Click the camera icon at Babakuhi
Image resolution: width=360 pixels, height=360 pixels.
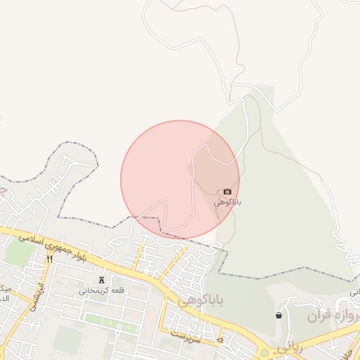click(227, 191)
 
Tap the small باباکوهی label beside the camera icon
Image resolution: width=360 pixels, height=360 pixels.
click(227, 202)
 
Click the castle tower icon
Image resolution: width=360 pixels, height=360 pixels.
click(101, 281)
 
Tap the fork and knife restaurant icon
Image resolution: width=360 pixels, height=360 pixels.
click(49, 259)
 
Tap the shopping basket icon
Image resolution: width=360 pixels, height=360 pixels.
click(279, 316)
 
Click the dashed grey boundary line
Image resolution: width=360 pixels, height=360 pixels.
click(77, 218)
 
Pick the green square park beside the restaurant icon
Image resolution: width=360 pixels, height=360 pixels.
click(21, 253)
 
